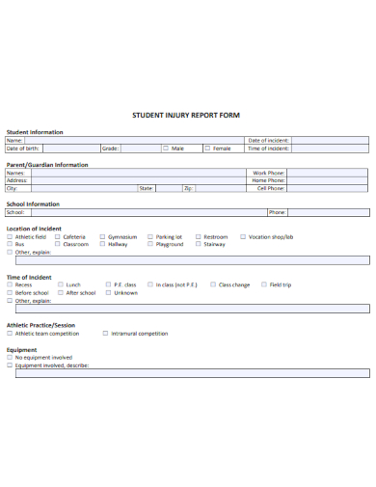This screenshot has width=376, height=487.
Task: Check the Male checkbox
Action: pos(166,149)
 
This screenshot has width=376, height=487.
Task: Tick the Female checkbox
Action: pos(206,149)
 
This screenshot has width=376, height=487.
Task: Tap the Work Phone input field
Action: pos(328,173)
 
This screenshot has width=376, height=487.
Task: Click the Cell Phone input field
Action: pos(328,188)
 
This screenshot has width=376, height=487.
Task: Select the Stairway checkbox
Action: pos(198,244)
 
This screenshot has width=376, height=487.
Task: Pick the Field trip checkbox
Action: pos(263,284)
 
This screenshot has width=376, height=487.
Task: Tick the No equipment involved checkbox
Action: pos(10,358)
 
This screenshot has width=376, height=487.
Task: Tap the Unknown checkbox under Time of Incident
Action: pos(108,292)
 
